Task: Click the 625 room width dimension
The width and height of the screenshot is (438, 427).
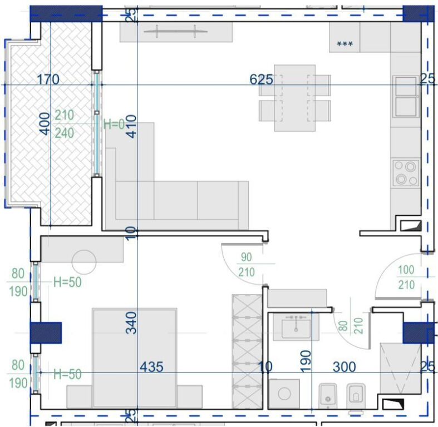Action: point(261,80)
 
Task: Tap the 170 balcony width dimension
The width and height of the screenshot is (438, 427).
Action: point(48,80)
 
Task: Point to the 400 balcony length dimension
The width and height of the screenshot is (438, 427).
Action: point(44,123)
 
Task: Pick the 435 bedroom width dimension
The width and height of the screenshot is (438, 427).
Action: point(151,367)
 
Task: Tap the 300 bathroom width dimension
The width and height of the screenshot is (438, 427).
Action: point(344,367)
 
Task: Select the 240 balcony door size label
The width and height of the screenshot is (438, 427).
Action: point(65,133)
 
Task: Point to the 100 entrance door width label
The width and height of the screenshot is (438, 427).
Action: point(406,271)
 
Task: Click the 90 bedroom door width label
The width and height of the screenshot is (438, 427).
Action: point(246,257)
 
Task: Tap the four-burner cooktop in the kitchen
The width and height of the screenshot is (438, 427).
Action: point(405,173)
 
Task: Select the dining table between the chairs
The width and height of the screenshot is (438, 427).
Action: point(294,98)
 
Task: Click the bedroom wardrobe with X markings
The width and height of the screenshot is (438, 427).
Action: point(247,351)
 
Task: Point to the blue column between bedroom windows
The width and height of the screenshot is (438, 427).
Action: point(45,332)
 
